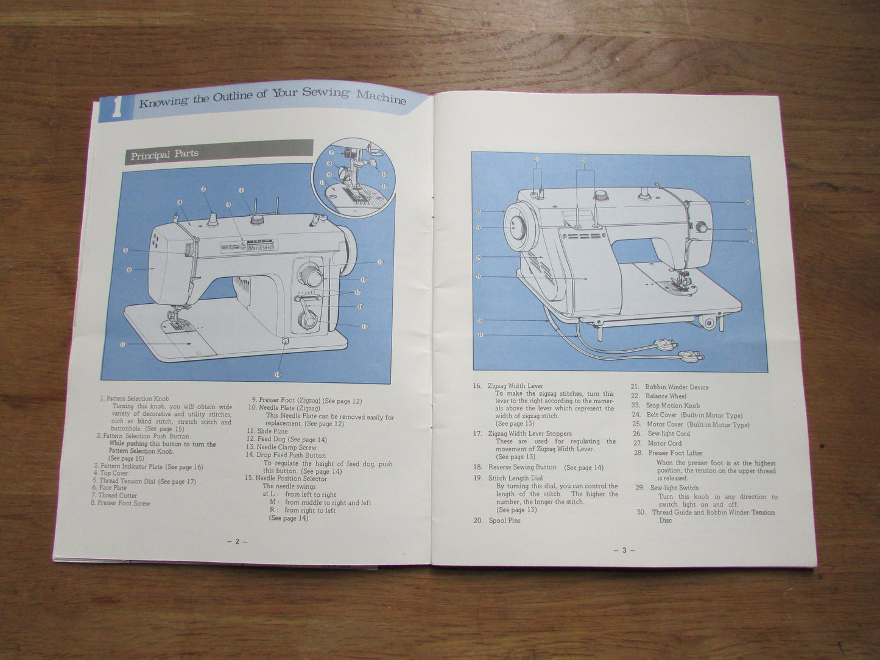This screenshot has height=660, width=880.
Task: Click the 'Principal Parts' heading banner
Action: point(164,155)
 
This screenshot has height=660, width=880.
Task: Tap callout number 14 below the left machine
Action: point(278,374)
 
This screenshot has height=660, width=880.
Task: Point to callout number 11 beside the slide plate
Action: point(122,345)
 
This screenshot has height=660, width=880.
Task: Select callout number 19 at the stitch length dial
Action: point(380,262)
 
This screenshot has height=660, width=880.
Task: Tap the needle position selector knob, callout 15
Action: point(309,320)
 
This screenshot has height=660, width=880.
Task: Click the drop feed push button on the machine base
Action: point(284,340)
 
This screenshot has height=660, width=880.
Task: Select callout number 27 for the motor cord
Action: point(480,334)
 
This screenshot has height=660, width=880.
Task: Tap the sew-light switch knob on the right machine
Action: point(702,228)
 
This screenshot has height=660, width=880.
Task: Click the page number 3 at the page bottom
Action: point(624,550)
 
